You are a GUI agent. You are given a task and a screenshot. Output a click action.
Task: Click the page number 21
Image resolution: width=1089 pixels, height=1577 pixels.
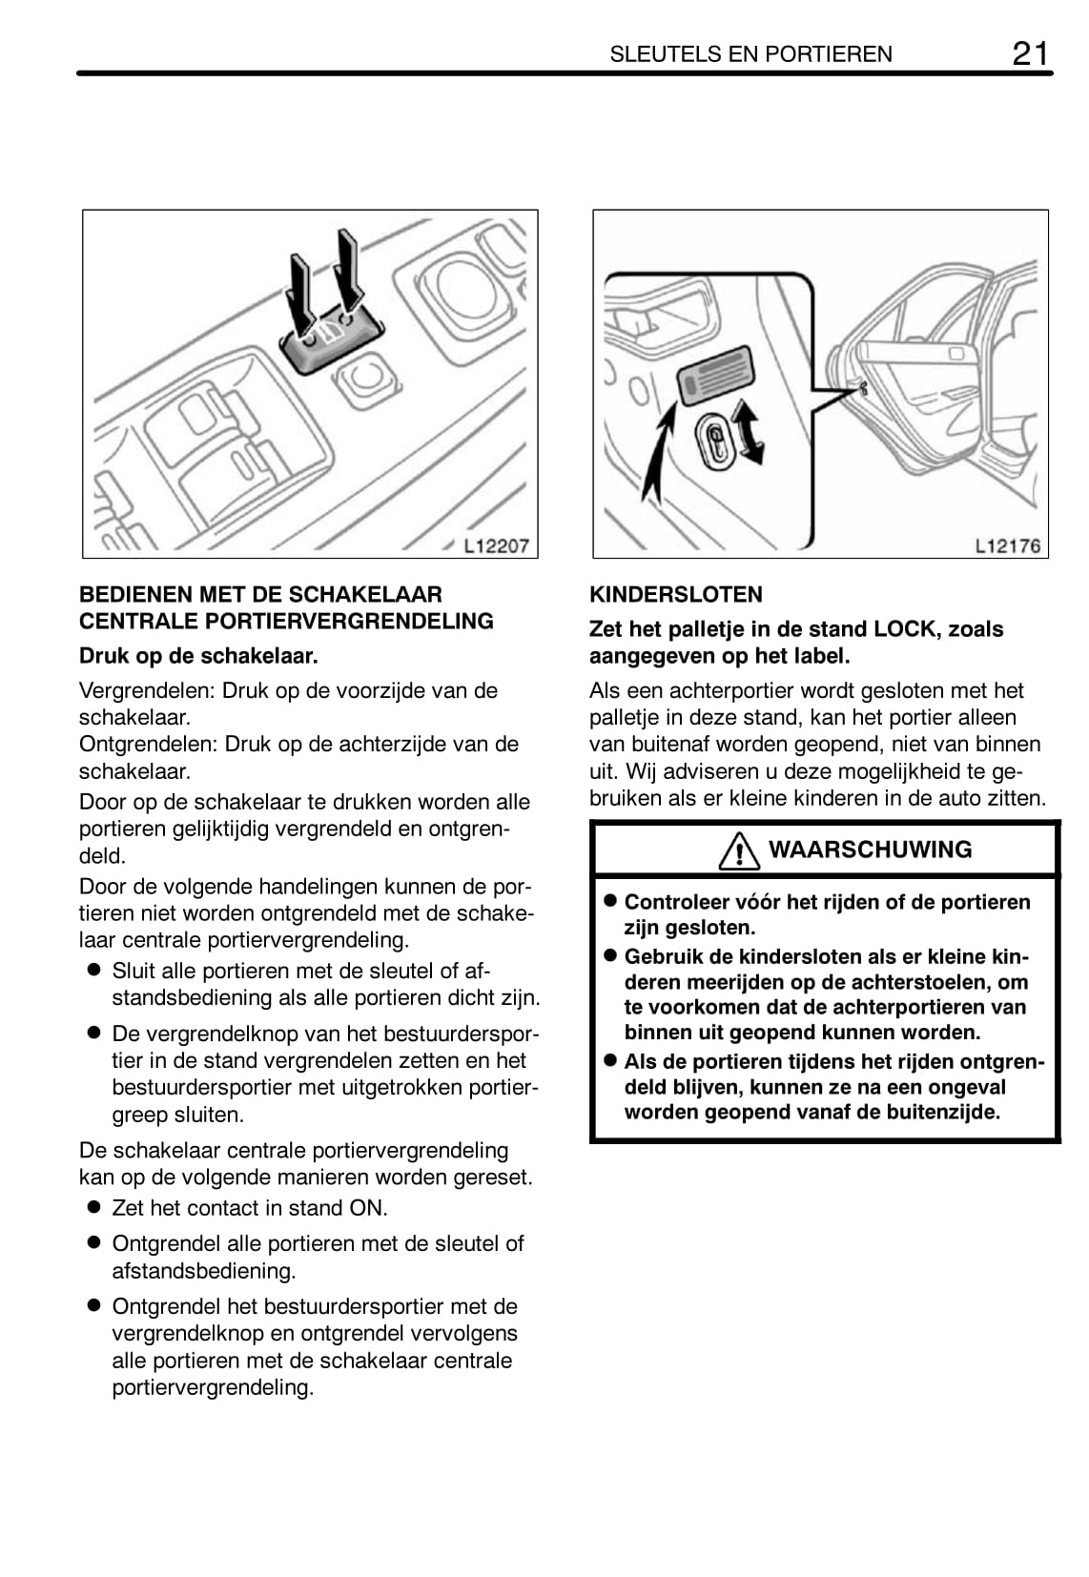pos(1029,52)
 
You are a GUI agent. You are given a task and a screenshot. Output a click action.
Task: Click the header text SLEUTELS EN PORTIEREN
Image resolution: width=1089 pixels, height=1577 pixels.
pos(750,54)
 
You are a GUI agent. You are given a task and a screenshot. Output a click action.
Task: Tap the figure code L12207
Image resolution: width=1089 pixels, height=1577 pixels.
pos(496,545)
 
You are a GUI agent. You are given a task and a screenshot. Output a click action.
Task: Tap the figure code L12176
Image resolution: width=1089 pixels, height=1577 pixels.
pos(1007,545)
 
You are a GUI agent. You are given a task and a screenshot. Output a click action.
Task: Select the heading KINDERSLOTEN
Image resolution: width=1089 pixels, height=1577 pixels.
pos(675,595)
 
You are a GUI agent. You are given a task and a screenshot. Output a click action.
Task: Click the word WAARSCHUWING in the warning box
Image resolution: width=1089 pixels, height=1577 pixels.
pos(870,850)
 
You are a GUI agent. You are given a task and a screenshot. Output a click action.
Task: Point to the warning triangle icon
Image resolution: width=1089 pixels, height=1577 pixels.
pos(739,850)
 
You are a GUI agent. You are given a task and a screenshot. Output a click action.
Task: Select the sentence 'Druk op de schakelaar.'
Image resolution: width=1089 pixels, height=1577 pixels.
pos(198,656)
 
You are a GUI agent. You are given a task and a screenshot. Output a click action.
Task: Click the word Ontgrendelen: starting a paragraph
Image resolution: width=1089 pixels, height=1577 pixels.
pos(148,744)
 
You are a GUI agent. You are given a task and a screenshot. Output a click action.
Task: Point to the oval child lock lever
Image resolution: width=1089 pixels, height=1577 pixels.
pos(714,440)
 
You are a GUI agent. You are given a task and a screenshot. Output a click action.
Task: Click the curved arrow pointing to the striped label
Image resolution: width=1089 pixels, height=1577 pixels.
pos(658,453)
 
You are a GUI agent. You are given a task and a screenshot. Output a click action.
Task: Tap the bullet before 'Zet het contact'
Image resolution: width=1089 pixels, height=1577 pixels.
pos(93,1207)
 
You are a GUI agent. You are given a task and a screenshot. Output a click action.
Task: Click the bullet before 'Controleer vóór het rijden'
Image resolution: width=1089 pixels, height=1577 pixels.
pos(610,901)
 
